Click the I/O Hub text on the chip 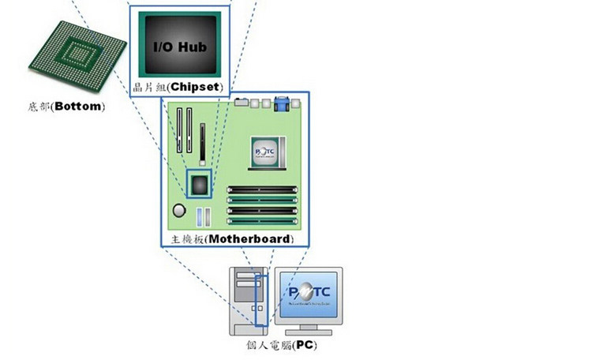coord(180,48)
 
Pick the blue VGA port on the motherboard coord(281,103)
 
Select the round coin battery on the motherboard coord(180,210)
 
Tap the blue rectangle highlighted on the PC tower coord(261,298)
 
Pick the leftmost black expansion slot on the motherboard coord(178,130)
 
